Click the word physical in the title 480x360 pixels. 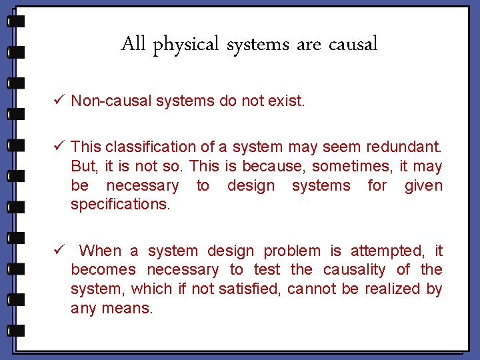pyautogui.click(x=187, y=45)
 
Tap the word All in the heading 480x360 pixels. pyautogui.click(x=134, y=44)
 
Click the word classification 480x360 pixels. pyautogui.click(x=151, y=147)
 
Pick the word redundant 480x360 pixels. pyautogui.click(x=407, y=147)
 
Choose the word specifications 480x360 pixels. pyautogui.click(x=121, y=205)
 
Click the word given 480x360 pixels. pyautogui.click(x=423, y=185)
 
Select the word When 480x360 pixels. pyautogui.click(x=100, y=251)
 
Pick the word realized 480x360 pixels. pyautogui.click(x=390, y=289)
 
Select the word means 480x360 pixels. pyautogui.click(x=127, y=308)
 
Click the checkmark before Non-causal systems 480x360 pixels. pyautogui.click(x=59, y=101)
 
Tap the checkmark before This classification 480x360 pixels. pyautogui.click(x=59, y=146)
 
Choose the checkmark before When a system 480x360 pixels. pyautogui.click(x=59, y=251)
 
